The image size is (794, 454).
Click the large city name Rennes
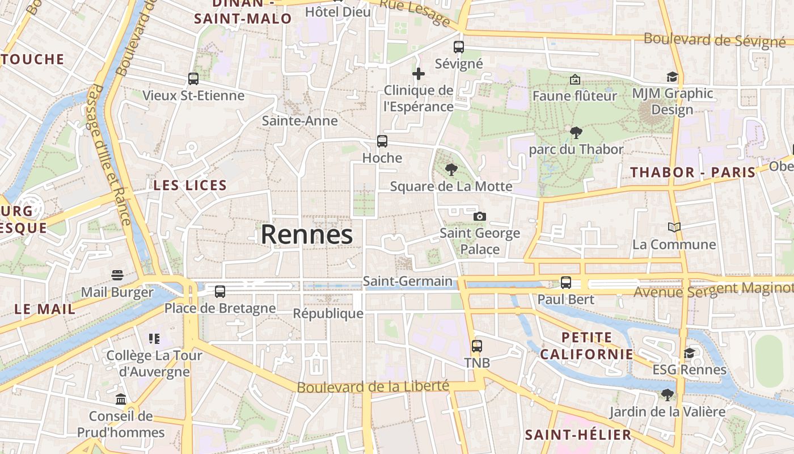(307, 234)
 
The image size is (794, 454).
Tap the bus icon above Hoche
(382, 141)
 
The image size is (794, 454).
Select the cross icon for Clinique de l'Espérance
(419, 74)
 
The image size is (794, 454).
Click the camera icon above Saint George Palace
(480, 216)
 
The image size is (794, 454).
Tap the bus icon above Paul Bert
(565, 282)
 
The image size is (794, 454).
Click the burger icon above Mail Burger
(117, 276)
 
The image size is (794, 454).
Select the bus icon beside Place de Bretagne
(220, 292)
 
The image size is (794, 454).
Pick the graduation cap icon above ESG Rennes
(689, 354)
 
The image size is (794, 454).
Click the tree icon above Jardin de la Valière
(668, 394)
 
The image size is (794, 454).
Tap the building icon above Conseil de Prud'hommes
(121, 400)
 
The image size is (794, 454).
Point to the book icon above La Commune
(674, 228)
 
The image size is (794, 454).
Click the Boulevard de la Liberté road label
(373, 387)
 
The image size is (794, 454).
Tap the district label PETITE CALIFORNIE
(586, 346)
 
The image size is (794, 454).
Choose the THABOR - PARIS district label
(693, 173)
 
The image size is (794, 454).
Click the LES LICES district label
(190, 185)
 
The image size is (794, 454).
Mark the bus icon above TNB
(477, 346)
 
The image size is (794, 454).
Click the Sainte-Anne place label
(299, 121)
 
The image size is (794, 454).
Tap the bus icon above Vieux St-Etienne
(193, 79)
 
